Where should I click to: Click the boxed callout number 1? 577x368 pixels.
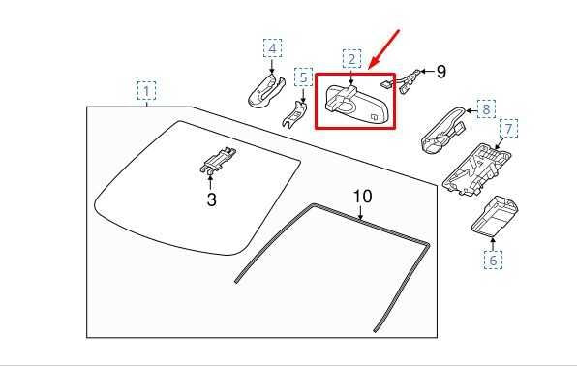pyautogui.click(x=146, y=92)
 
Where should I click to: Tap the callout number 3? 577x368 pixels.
pyautogui.click(x=212, y=199)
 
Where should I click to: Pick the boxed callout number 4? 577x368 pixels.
pyautogui.click(x=273, y=48)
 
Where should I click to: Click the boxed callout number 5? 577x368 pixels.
pyautogui.click(x=303, y=77)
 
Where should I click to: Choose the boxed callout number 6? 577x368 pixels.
pyautogui.click(x=493, y=260)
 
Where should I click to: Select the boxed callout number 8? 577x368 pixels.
pyautogui.click(x=486, y=109)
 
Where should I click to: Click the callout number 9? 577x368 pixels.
pyautogui.click(x=440, y=71)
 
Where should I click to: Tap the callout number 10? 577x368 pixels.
pyautogui.click(x=361, y=197)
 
